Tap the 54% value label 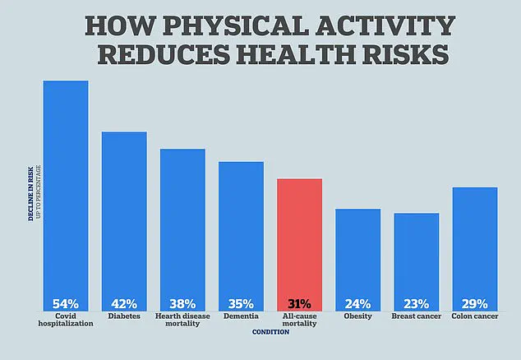point(66,302)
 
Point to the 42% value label point(124,302)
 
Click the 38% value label point(182,302)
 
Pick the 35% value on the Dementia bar point(241,302)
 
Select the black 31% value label point(299,302)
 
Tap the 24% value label point(357,302)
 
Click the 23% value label point(416,302)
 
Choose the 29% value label point(474,302)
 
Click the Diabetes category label point(124,316)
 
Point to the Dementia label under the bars point(241,316)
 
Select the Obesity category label point(357,316)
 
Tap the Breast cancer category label point(416,316)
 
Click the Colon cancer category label point(474,316)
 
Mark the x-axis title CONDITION point(270,332)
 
